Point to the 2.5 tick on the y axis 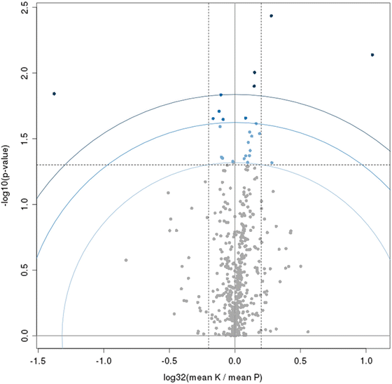coord(24,7)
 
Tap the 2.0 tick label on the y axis coord(24,73)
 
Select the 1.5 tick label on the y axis coord(24,139)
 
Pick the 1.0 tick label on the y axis coord(24,204)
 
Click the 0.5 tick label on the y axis coord(24,270)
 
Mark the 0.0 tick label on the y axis coord(24,336)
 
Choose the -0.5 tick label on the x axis coord(169,360)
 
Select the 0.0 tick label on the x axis coord(234,360)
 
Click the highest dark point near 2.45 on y coord(272,15)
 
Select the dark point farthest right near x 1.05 coord(372,55)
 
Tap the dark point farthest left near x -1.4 coord(54,93)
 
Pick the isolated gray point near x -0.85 coord(126,260)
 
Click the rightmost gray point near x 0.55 coord(308,331)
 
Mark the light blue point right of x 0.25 coord(272,163)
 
